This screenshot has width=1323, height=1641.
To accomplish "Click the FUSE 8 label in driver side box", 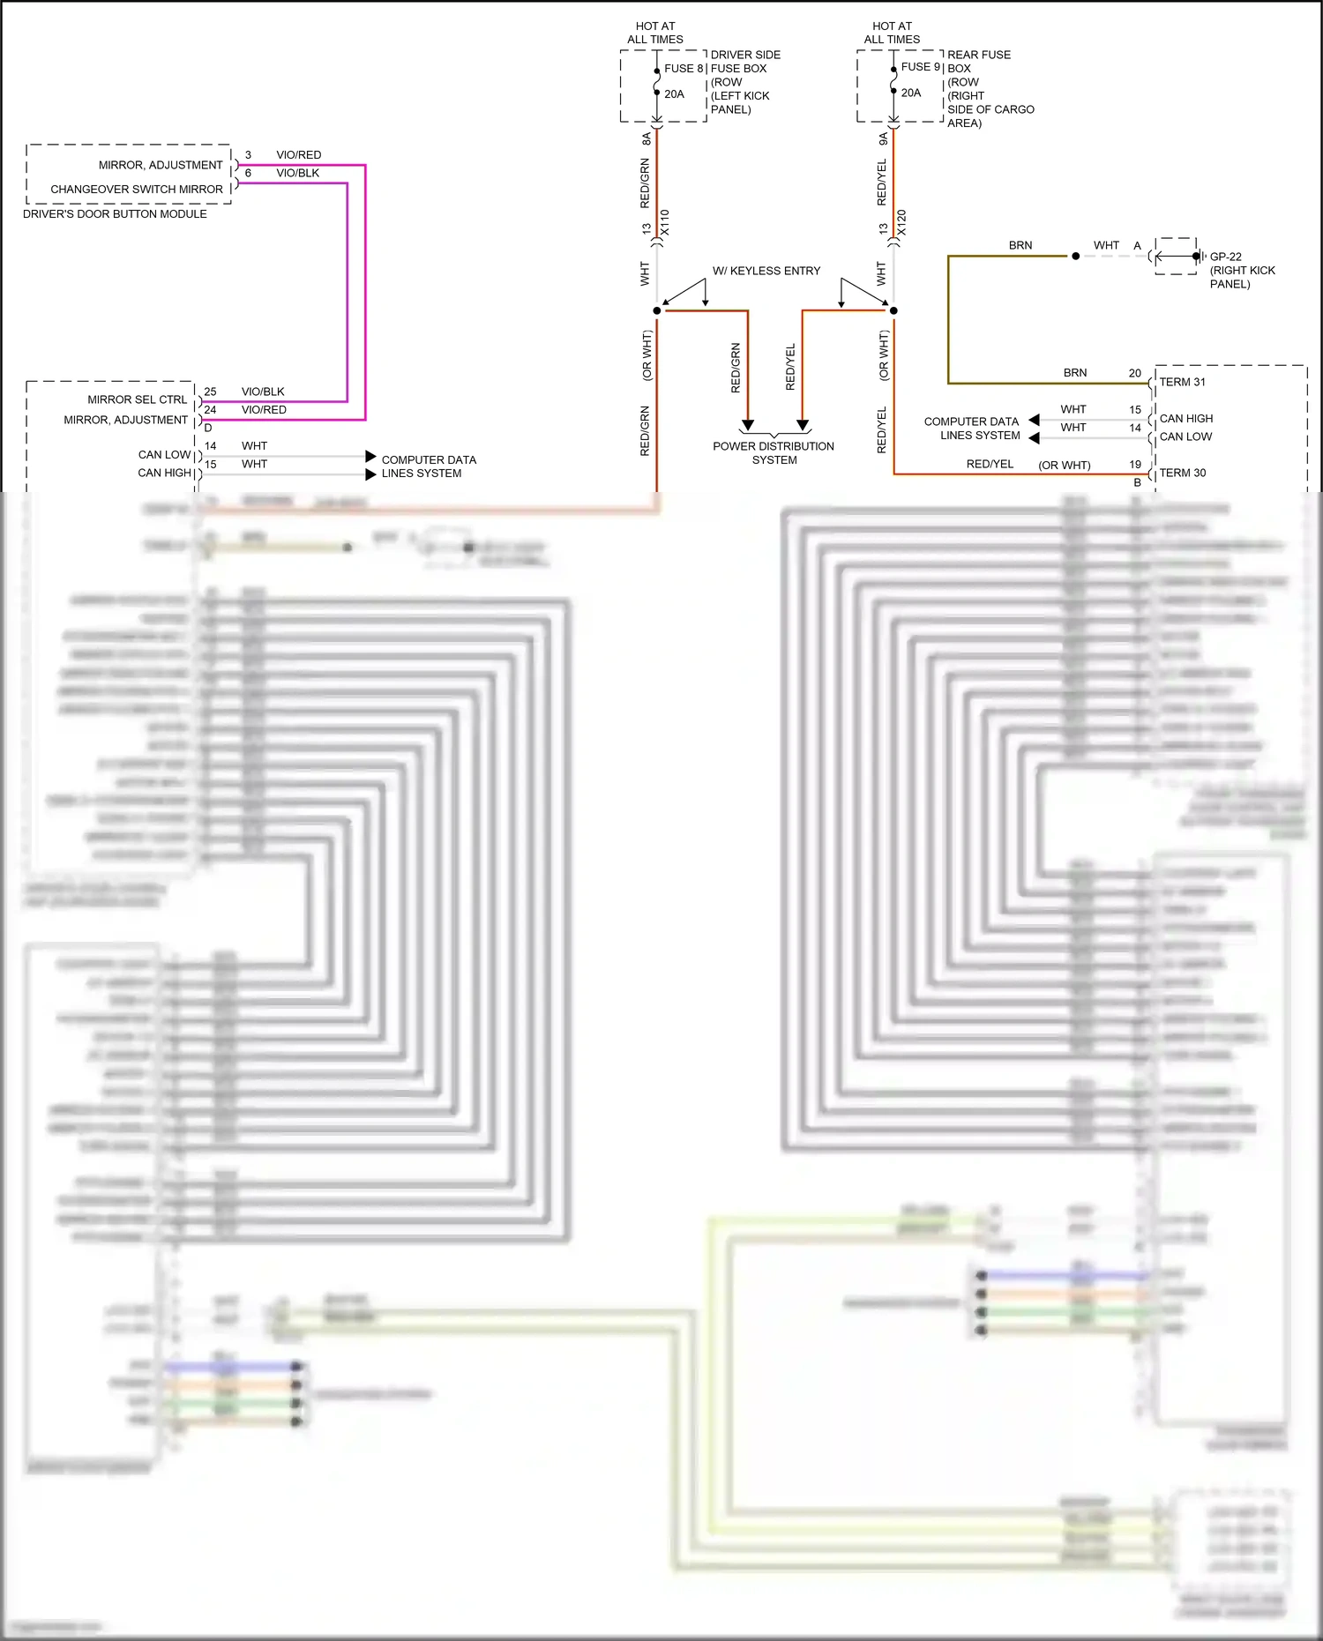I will click(684, 68).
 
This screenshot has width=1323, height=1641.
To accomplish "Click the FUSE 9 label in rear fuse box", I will click(921, 67).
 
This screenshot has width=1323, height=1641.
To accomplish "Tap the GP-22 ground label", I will click(1225, 257).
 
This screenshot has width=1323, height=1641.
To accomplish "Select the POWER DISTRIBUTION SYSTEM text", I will click(774, 453).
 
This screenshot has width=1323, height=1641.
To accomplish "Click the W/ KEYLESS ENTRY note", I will click(766, 271).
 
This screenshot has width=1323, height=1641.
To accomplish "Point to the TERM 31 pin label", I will click(1182, 382).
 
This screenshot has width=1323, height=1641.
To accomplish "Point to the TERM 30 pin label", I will click(1182, 473).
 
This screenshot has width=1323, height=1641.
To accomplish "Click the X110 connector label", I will click(665, 222).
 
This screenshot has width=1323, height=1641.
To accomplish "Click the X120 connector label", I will click(901, 222).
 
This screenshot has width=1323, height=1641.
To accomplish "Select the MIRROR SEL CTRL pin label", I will click(137, 399).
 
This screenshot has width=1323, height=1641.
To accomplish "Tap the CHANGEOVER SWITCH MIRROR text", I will click(137, 190).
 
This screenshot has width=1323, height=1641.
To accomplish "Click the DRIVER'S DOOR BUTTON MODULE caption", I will click(115, 214).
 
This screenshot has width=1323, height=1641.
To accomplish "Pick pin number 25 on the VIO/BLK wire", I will click(210, 392).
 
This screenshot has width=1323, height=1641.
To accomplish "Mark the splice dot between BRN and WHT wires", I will click(1075, 257).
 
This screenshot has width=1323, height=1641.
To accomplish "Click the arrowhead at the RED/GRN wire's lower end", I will click(748, 425).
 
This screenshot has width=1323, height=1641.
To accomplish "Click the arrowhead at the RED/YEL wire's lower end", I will click(803, 425).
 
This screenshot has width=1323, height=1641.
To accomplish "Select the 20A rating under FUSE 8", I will click(674, 94).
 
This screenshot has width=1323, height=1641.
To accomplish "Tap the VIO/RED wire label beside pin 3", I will click(298, 155).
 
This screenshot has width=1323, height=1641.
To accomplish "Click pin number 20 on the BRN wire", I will click(1134, 373).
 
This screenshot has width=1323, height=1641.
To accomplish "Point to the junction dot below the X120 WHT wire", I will click(893, 310).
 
